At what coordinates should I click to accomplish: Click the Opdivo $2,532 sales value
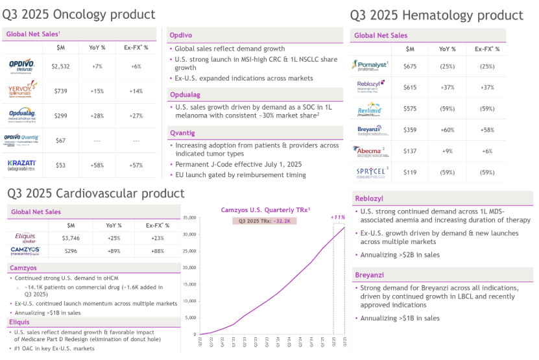[x=60, y=66]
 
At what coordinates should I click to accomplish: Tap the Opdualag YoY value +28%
[x=96, y=115]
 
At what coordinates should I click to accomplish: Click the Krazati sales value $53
[x=60, y=165]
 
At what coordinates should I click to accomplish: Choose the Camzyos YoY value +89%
[x=114, y=250]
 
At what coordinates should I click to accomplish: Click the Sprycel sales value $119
[x=410, y=173]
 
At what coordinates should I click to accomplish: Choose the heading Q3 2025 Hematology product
[x=437, y=16]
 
